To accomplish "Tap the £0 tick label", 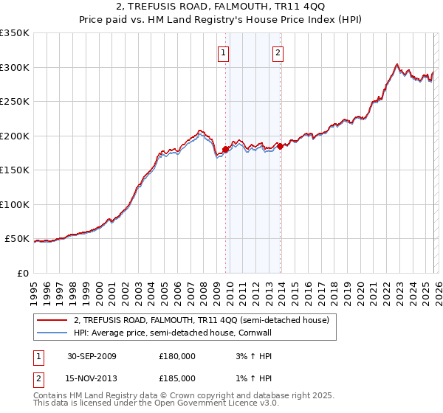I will pos(22,274).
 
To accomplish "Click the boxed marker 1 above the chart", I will pos(223,52).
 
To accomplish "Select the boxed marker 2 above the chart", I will pos(278,52).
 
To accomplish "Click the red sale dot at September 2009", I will pos(226,150).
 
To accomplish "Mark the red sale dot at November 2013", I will pos(280,146).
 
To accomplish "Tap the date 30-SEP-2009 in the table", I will pos(92,355).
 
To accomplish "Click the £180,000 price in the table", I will pos(177,355).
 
